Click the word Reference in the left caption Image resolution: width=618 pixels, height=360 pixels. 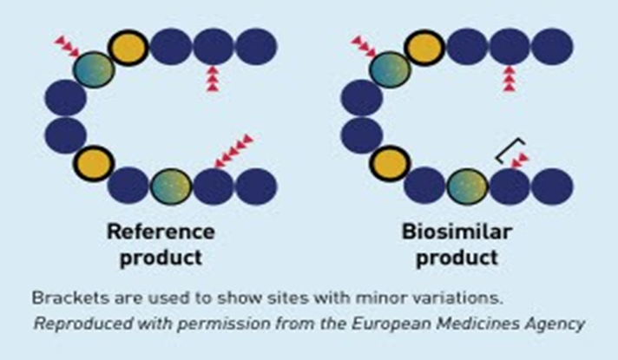pyautogui.click(x=161, y=232)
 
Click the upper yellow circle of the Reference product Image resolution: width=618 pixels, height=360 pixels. pyautogui.click(x=128, y=48)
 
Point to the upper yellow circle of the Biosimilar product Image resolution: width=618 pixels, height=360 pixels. pyautogui.click(x=425, y=48)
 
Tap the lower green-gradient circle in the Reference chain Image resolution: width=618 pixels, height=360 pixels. pyautogui.click(x=172, y=186)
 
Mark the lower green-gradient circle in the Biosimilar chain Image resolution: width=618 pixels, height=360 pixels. pyautogui.click(x=469, y=186)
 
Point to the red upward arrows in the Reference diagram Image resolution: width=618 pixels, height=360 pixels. pyautogui.click(x=212, y=79)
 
